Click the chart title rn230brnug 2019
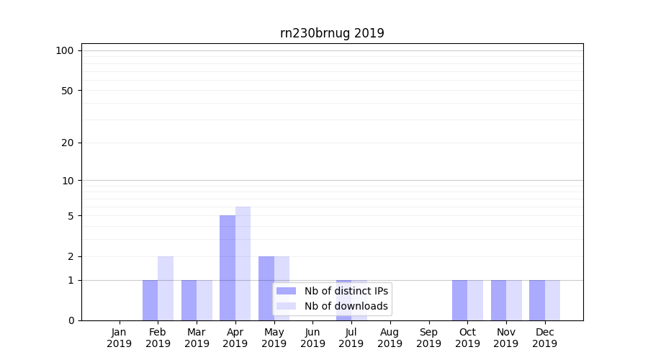point(332,33)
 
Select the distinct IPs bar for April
point(228,268)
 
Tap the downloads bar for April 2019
point(243,264)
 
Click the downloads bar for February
point(166,288)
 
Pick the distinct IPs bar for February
point(150,300)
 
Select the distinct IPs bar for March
point(189,300)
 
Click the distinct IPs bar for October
point(459,300)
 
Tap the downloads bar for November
point(514,300)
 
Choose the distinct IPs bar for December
point(537,300)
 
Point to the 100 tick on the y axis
point(65,50)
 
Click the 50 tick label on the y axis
point(68,91)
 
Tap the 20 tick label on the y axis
point(68,143)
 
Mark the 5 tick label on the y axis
point(71,216)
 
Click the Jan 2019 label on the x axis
point(120,338)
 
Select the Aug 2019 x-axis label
point(390,338)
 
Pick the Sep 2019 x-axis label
point(428,338)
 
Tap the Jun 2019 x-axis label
point(312,338)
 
